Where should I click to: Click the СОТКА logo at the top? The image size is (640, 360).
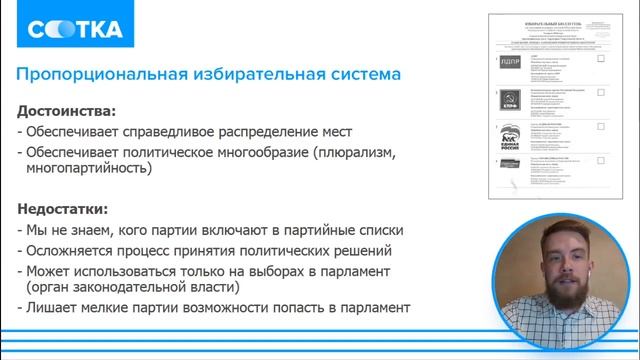pyautogui.click(x=76, y=30)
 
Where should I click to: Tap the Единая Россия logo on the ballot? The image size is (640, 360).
pyautogui.click(x=510, y=138)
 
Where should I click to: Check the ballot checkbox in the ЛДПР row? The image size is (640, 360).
pyautogui.click(x=600, y=59)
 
